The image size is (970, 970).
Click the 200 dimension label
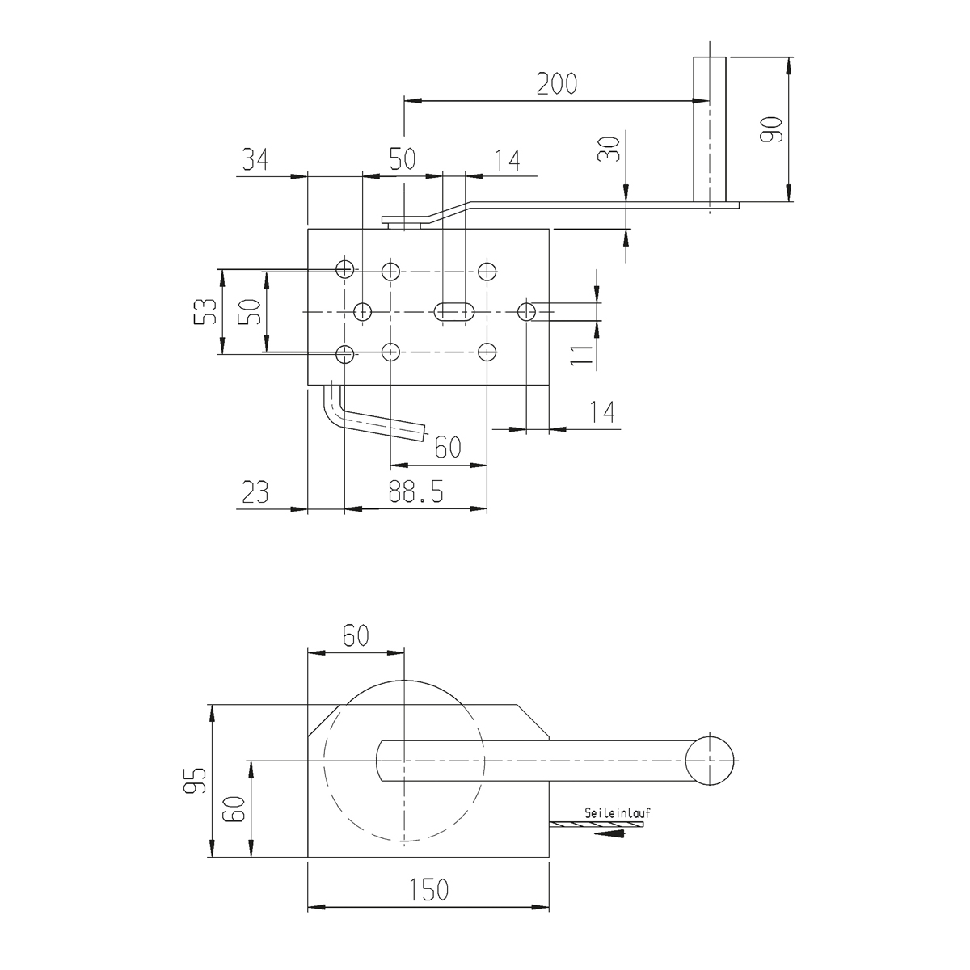[x=557, y=84]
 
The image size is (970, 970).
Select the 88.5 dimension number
[x=415, y=491]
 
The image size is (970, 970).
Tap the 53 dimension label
[x=205, y=311]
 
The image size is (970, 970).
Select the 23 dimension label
[x=255, y=491]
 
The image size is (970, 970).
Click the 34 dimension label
[x=255, y=159]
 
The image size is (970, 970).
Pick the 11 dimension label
[x=582, y=356]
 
